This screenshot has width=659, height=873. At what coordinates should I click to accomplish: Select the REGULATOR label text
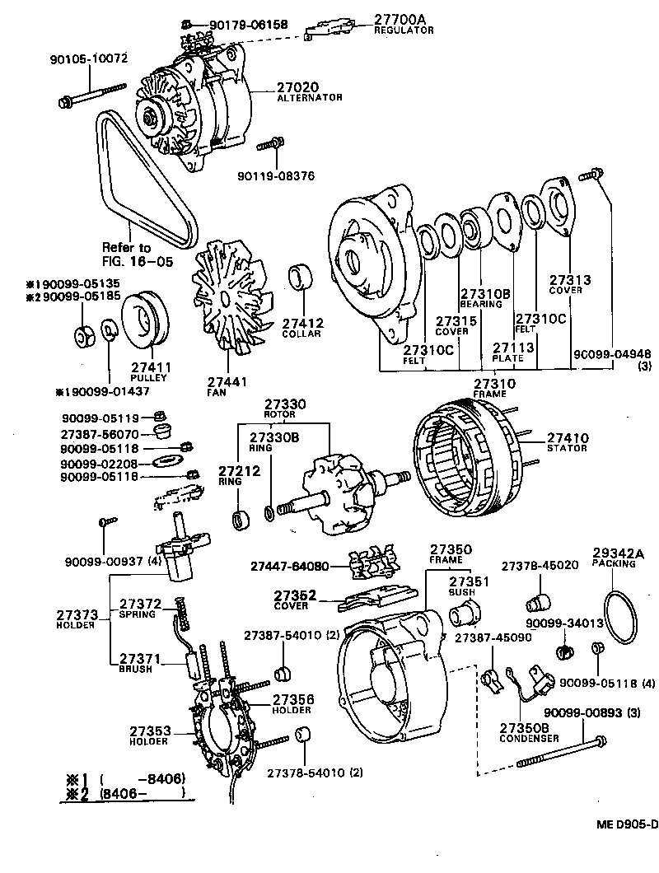tap(404, 30)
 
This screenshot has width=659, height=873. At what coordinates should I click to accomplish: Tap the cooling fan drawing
tap(230, 300)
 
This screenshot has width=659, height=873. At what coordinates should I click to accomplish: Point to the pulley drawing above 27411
tap(145, 320)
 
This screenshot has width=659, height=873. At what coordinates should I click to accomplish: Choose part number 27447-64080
tap(289, 567)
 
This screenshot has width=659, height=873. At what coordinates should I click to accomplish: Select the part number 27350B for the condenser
tap(523, 728)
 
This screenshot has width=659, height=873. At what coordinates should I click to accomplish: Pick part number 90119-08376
tap(274, 175)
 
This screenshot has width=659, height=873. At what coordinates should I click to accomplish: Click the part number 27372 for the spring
tap(141, 604)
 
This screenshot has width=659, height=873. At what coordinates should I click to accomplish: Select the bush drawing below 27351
tap(466, 614)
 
